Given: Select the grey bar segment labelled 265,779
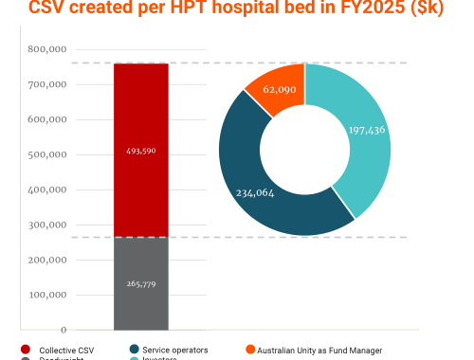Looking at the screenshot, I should point(140,303).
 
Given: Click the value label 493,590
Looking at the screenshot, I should point(140,151).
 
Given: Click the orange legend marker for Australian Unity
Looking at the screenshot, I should point(249,350).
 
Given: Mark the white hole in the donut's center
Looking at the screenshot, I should point(305,149).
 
